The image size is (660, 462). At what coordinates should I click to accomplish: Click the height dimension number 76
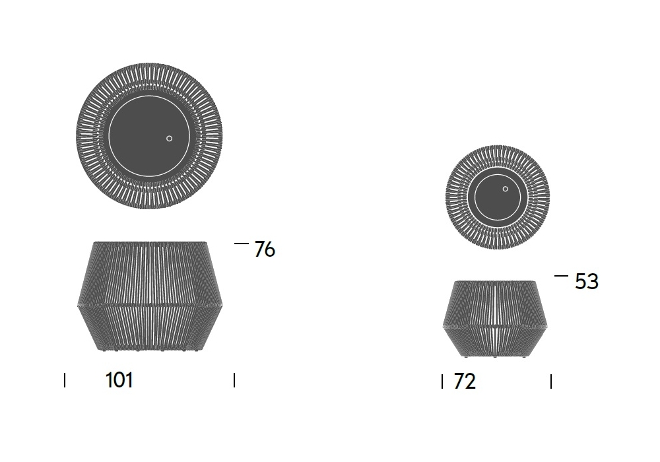265,249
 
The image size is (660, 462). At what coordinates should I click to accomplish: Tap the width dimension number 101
119,380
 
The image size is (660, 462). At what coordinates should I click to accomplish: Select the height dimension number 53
586,282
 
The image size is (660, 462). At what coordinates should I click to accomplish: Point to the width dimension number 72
465,381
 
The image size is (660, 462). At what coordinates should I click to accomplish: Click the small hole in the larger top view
169,139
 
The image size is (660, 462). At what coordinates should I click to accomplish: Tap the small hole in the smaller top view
505,189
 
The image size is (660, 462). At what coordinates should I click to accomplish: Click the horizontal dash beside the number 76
241,243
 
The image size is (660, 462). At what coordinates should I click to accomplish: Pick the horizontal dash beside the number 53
561,276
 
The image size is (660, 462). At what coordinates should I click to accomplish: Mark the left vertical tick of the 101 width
65,380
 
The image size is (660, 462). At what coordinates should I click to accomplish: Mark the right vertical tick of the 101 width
234,380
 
